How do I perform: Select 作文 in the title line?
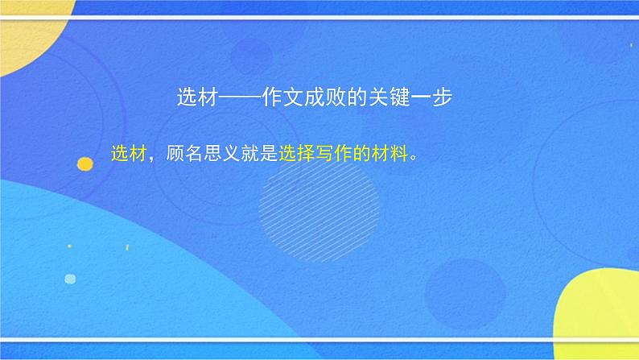point(284,98)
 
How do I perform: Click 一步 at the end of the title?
point(435,98)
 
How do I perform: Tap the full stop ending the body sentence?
point(414,159)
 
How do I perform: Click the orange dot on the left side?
point(85,164)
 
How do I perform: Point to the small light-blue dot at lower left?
point(70,279)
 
